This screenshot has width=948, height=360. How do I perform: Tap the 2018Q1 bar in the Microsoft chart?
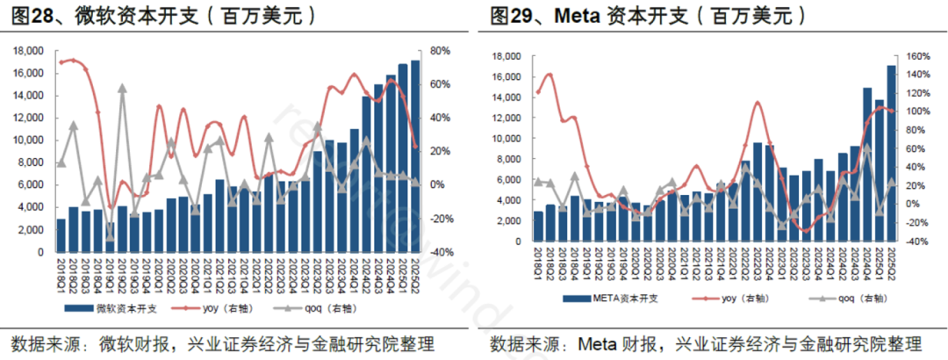tap(61, 235)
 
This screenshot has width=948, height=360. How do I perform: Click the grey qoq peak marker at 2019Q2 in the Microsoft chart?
tap(122, 89)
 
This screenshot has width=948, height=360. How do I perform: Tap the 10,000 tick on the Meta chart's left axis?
tap(509, 139)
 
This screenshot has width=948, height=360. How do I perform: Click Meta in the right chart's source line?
tap(596, 342)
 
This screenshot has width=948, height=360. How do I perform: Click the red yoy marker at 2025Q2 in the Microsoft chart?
tap(415, 147)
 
